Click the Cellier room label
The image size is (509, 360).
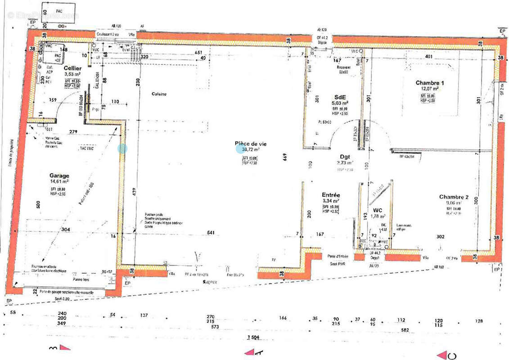click(72, 67)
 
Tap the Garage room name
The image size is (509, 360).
click(59, 176)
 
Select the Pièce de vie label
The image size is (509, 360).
click(251, 144)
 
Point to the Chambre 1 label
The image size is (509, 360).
click(429, 83)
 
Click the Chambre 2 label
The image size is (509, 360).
click(454, 197)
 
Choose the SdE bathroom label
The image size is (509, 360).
click(340, 97)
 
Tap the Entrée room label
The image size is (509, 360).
click(331, 195)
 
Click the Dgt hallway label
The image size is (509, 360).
click(345, 157)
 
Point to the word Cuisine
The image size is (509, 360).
click(159, 94)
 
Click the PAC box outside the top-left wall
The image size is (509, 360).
click(59, 9)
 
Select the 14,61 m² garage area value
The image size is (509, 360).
click(59, 182)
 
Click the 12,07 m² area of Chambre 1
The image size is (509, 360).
click(429, 89)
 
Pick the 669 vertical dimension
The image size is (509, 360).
click(285, 157)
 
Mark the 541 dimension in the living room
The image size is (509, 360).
click(211, 233)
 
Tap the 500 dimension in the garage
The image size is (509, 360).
click(38, 204)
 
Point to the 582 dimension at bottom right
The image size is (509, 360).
click(405, 330)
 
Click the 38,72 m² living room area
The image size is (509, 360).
click(251, 149)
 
